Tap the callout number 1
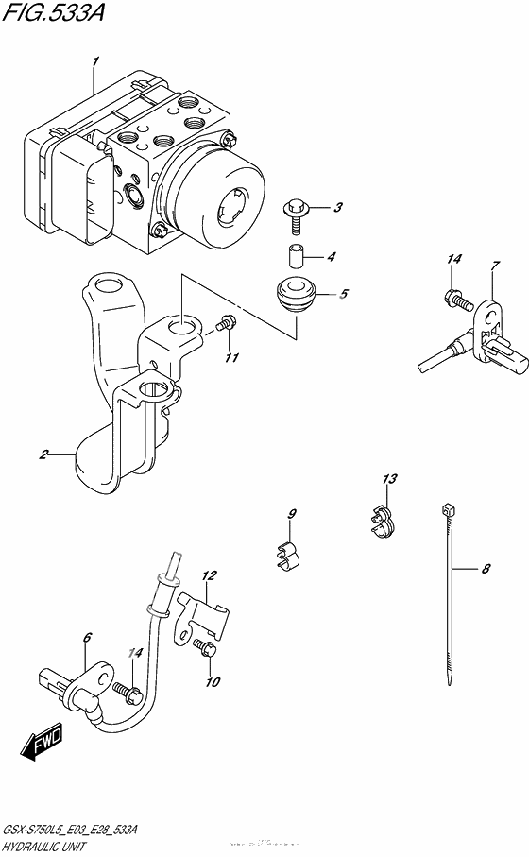click(x=94, y=61)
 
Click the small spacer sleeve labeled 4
click(x=295, y=256)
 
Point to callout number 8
click(x=486, y=569)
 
